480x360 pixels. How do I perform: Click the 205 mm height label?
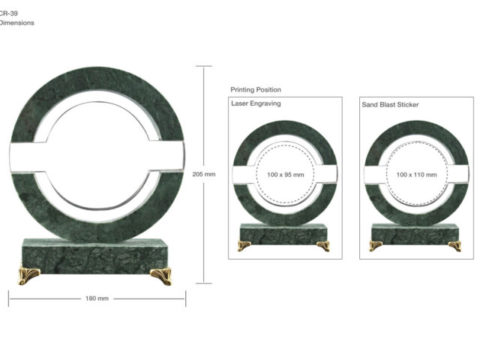(204, 174)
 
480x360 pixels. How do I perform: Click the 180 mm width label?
(97, 298)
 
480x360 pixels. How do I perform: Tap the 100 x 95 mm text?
(285, 175)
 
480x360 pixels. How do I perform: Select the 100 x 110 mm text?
(416, 175)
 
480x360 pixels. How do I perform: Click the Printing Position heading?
(256, 90)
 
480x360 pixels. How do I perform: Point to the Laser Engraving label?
(256, 103)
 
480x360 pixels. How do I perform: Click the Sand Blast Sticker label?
(390, 105)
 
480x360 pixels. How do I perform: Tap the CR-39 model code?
(8, 13)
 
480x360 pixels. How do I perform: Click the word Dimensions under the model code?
(16, 22)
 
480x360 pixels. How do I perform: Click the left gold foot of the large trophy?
(28, 275)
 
